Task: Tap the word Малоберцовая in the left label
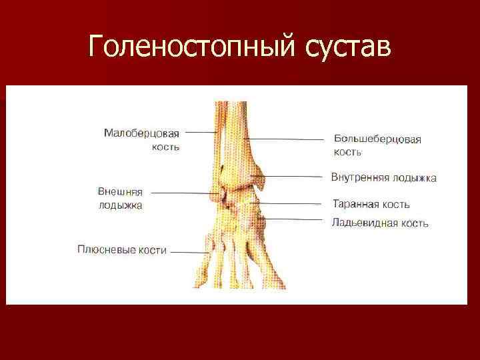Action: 141,133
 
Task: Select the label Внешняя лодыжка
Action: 120,199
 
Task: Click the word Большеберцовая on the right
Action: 377,139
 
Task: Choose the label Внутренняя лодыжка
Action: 383,178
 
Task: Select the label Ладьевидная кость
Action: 379,223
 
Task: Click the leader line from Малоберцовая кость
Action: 200,133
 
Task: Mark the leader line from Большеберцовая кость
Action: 287,139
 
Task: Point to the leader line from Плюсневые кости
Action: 190,252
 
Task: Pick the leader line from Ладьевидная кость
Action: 297,219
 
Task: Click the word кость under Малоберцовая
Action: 165,147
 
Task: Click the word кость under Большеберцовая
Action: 348,152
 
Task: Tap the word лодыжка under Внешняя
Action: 121,205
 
